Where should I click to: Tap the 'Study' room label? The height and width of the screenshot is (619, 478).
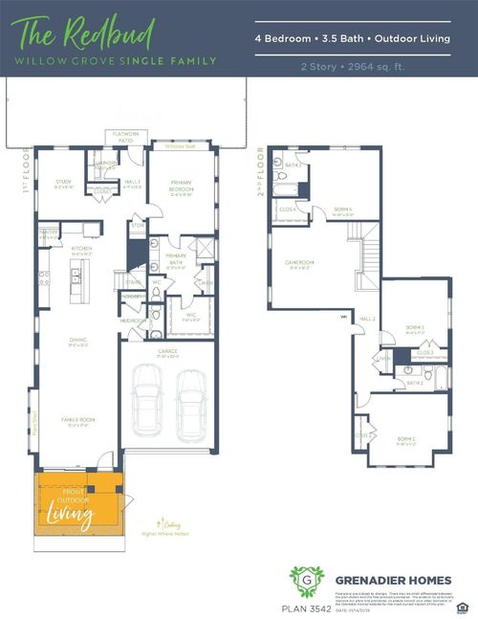point(63,185)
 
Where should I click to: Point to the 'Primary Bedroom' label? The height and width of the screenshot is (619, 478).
point(182,188)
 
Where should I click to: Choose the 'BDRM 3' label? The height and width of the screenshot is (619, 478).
point(415,329)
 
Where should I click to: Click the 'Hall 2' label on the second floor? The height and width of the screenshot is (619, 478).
point(368,319)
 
